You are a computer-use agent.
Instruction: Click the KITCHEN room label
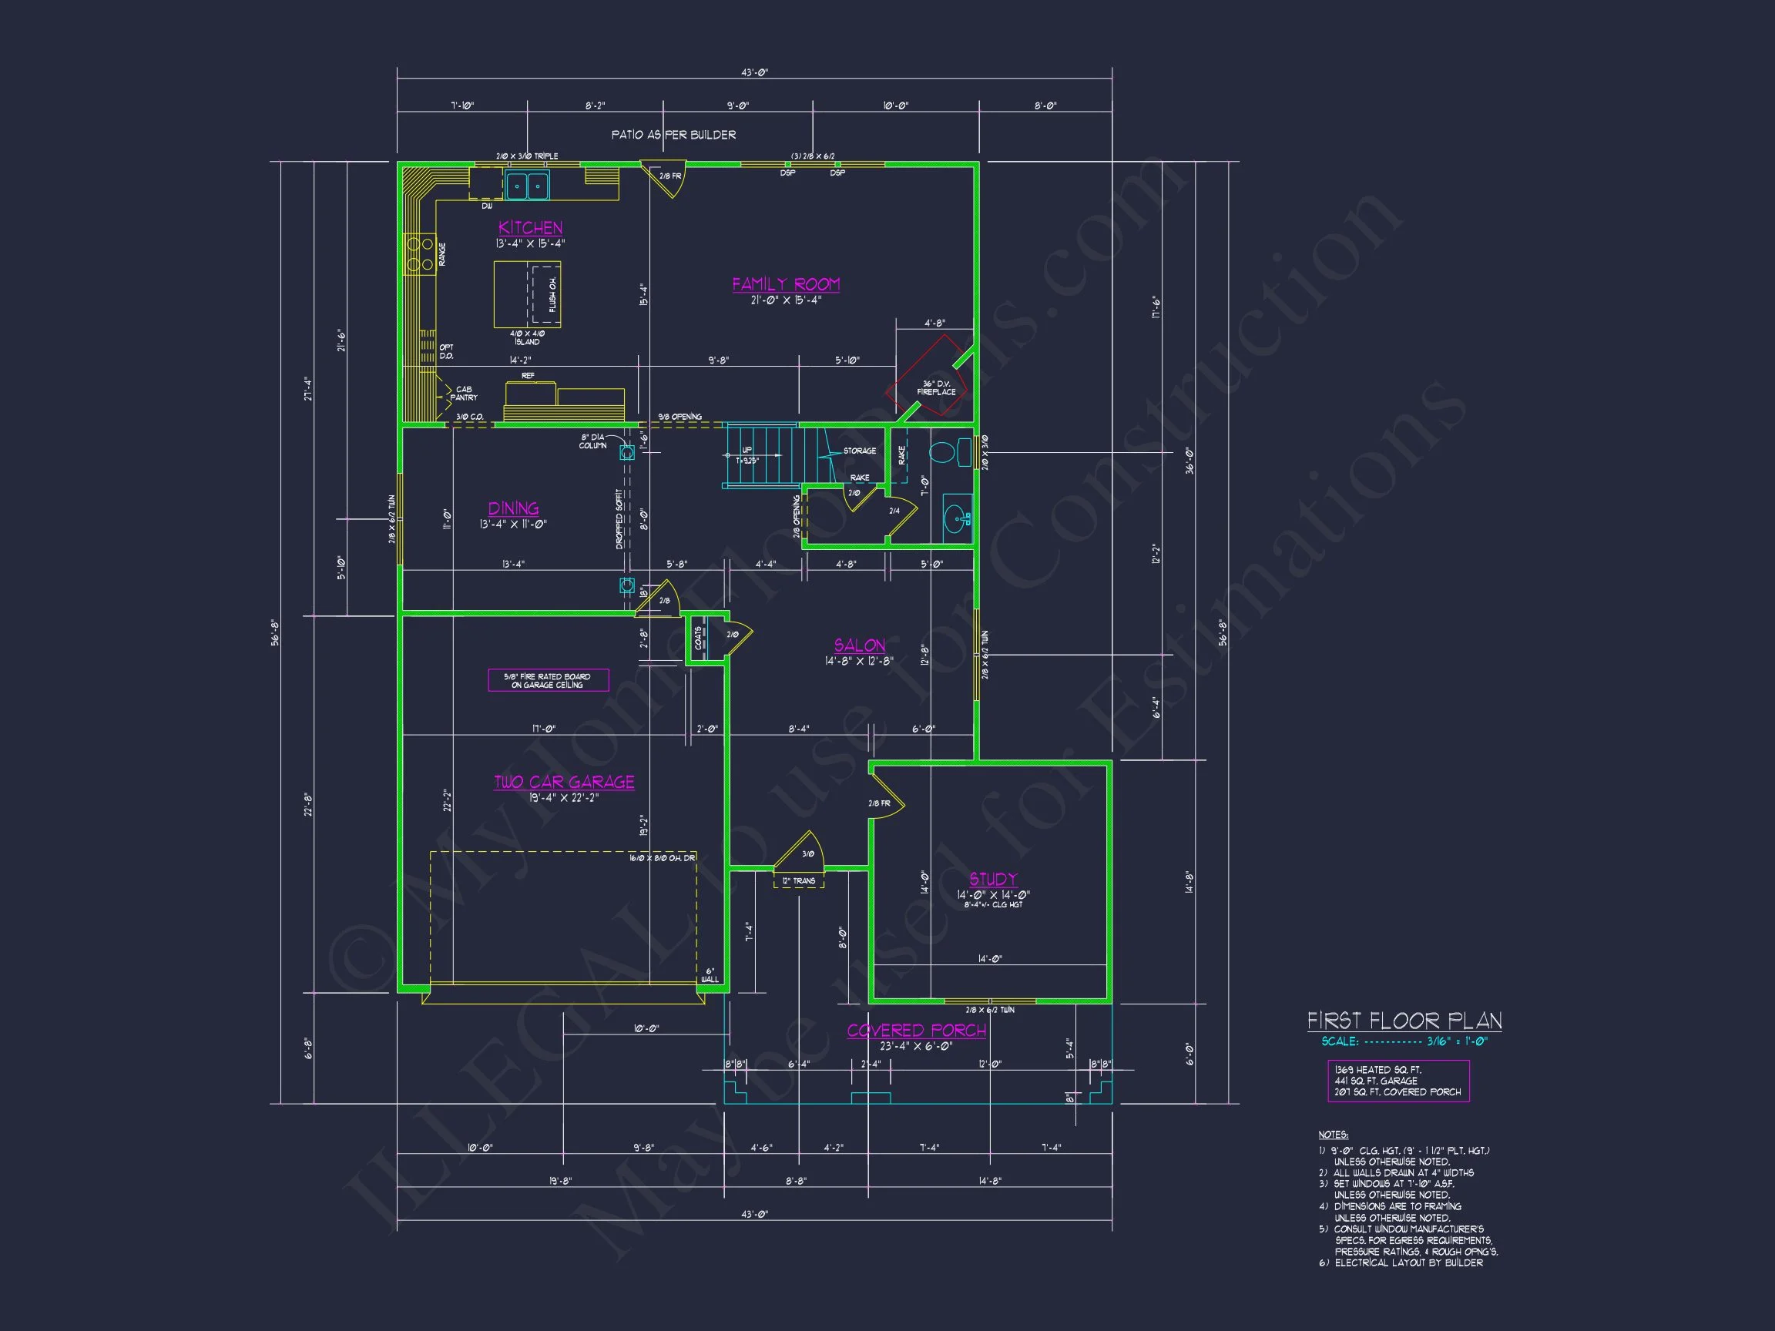(x=530, y=228)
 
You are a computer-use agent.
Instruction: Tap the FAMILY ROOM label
(x=786, y=284)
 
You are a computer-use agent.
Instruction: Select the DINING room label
(x=514, y=508)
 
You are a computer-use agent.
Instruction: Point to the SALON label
(x=860, y=645)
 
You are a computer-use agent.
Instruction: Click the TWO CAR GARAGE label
(x=564, y=782)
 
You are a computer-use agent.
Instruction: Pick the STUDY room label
(x=992, y=879)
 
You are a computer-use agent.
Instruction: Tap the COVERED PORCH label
(x=916, y=1030)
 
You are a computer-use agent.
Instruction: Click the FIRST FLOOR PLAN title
(x=1404, y=1021)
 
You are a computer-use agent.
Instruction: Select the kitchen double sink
(x=527, y=186)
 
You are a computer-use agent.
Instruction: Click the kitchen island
(x=526, y=293)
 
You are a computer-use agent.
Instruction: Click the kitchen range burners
(x=419, y=253)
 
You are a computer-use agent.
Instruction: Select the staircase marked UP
(x=763, y=456)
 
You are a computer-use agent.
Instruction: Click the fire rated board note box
(x=548, y=680)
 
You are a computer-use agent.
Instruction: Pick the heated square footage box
(x=1398, y=1081)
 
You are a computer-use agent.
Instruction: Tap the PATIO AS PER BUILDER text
(x=673, y=135)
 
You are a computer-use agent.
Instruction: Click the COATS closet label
(x=698, y=639)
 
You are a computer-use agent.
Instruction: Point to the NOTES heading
(x=1333, y=1135)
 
